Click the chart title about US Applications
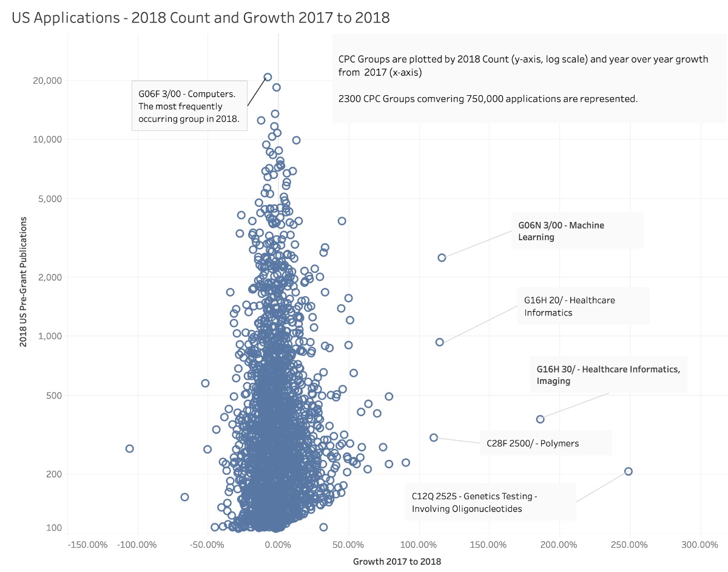tap(200, 18)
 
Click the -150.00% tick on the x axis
tap(87, 544)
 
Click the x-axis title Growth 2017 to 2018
tap(397, 562)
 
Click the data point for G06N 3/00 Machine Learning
tap(442, 258)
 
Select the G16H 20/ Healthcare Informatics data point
tap(439, 342)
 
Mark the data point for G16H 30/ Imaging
tap(540, 419)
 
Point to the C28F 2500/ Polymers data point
tap(434, 437)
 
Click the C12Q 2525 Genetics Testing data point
tap(629, 471)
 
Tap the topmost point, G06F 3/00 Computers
tap(268, 77)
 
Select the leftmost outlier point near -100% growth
tap(129, 449)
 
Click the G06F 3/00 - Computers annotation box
tap(189, 106)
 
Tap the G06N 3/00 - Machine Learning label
tap(561, 230)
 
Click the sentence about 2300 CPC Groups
tap(488, 98)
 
